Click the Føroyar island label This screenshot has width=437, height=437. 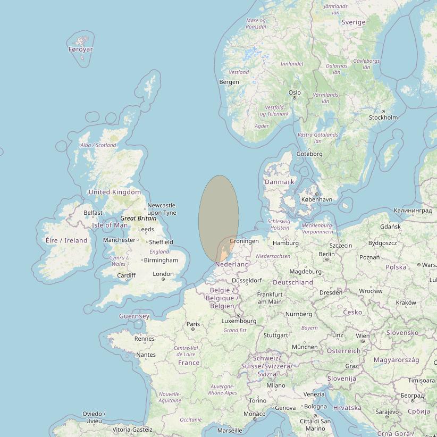[x=81, y=49]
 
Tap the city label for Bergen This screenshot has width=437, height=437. [x=229, y=82]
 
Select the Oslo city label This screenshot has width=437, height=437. [x=295, y=93]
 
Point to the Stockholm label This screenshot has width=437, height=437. [x=383, y=117]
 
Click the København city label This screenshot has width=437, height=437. [x=316, y=199]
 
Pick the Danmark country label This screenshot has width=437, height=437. [x=279, y=182]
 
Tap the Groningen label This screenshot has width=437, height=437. [x=244, y=241]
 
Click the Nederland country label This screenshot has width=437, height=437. [x=232, y=264]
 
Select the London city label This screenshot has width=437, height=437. [x=163, y=274]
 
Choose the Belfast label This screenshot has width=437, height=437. [x=93, y=213]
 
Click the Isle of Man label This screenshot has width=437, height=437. [x=110, y=225]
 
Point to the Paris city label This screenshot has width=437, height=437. [x=193, y=324]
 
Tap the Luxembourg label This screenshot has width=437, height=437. [x=239, y=321]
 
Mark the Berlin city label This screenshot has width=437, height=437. [x=326, y=254]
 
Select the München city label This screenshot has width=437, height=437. [x=305, y=347]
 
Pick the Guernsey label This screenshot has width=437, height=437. [x=134, y=316]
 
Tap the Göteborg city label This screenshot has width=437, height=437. [x=309, y=154]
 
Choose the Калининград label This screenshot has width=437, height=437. [x=413, y=211]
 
